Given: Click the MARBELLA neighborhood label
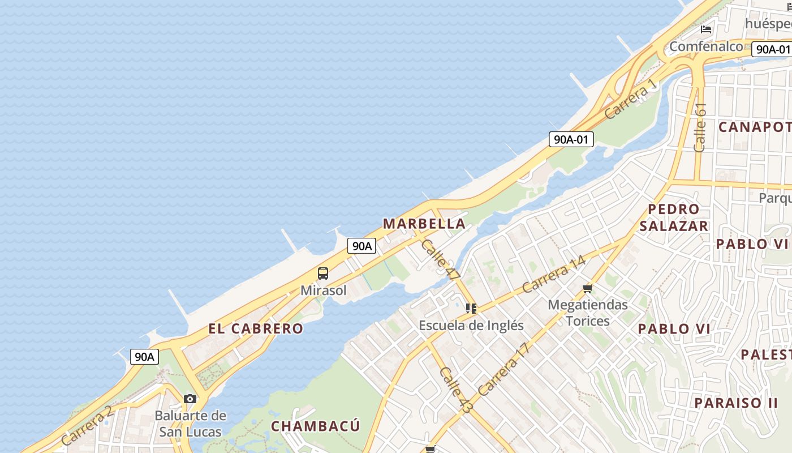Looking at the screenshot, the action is [424, 224].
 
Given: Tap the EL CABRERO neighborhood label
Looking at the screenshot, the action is [256, 328].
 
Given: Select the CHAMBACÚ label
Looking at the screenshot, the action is [315, 426].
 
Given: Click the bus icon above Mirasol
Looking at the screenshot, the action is [322, 274].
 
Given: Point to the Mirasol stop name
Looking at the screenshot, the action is [323, 290].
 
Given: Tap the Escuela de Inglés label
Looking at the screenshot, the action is [471, 326].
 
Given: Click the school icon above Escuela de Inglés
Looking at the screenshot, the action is [471, 309].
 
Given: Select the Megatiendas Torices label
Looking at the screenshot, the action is [588, 313].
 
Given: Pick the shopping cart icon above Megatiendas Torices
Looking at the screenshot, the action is [587, 289].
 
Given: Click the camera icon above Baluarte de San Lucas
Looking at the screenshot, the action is [190, 399].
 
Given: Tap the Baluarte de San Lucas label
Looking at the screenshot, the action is [190, 424].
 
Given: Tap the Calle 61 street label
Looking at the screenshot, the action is [700, 127].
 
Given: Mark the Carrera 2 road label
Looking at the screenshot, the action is [88, 426].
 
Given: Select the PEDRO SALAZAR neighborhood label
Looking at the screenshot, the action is [674, 217].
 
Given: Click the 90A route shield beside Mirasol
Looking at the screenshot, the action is [361, 246].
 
